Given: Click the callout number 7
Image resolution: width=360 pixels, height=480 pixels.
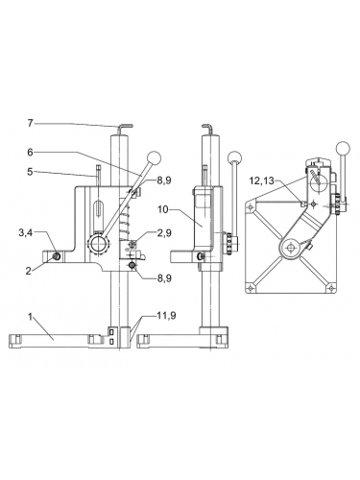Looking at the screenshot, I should point(30,123).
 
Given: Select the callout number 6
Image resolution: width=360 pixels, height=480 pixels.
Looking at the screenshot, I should point(30,152).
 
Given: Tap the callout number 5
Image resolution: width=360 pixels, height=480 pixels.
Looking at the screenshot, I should point(30,173).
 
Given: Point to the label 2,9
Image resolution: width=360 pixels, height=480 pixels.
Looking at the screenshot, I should point(164,233).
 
